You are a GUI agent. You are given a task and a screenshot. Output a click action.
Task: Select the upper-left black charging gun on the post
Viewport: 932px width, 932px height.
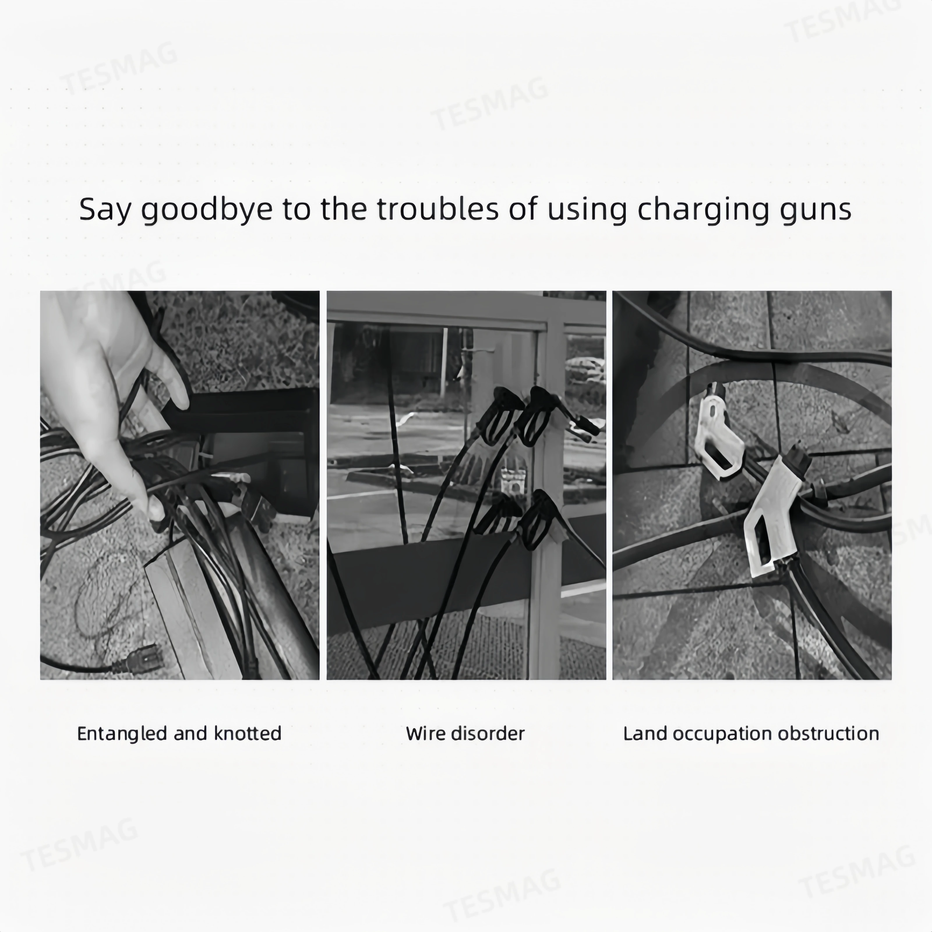tap(499, 415)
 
